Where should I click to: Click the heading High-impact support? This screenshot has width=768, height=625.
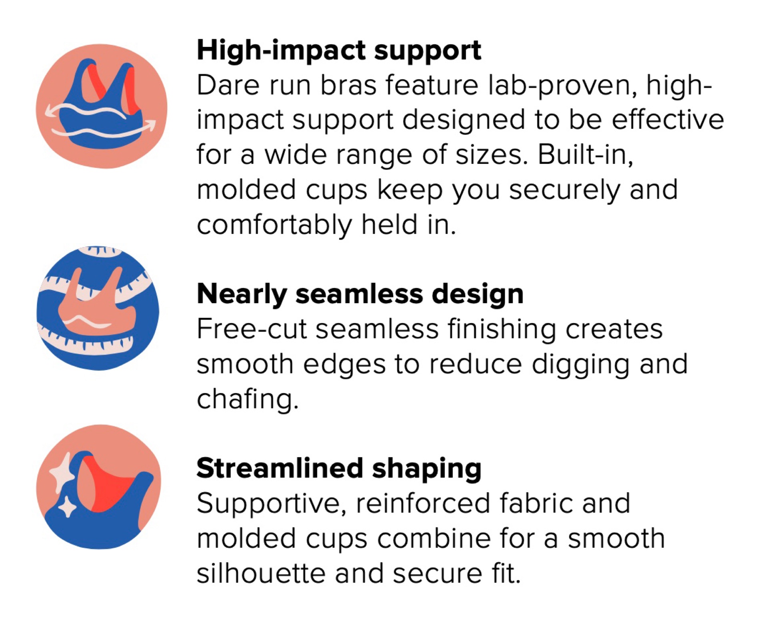339,51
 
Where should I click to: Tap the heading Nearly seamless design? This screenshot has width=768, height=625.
360,294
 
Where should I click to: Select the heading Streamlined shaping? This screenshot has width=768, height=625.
339,469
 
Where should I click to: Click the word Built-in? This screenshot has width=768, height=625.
585,155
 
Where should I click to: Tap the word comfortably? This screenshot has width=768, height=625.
274,226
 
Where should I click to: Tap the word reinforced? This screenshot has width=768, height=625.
422,503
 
